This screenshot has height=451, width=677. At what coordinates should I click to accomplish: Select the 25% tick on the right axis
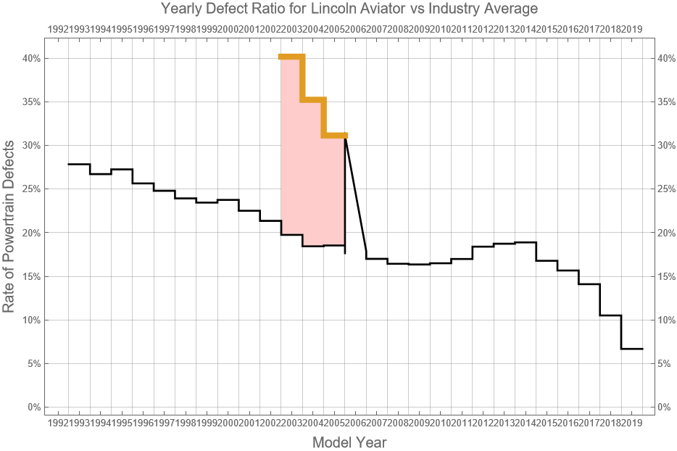[x=667, y=189]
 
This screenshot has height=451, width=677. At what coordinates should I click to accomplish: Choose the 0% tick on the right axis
[x=665, y=407]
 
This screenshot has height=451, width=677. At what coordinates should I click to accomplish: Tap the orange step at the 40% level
[x=291, y=57]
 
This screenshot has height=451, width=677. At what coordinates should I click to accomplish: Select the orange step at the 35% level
[x=313, y=100]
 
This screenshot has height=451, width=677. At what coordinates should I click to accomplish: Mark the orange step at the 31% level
[x=335, y=135]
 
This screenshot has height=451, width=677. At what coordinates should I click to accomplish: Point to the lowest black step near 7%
[x=632, y=349]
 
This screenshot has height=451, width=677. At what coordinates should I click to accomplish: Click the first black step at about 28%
[x=79, y=165]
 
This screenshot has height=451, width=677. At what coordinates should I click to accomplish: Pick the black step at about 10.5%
[x=610, y=315]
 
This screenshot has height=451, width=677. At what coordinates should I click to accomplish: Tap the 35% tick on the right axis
[x=667, y=102]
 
